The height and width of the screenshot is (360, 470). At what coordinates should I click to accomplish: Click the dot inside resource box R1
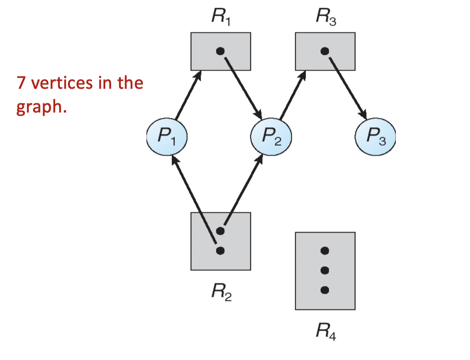(220, 51)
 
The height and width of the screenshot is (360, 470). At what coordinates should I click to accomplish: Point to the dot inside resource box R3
(325, 51)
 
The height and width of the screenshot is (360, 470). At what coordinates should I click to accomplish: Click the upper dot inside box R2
(220, 231)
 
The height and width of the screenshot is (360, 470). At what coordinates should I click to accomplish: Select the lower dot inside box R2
(220, 250)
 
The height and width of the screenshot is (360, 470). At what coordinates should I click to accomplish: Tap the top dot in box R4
(325, 250)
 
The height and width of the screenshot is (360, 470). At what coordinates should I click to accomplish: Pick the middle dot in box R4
(325, 270)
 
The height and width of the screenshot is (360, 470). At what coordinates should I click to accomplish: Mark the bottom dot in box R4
(325, 290)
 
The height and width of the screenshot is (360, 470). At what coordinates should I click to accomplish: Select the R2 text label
(221, 291)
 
